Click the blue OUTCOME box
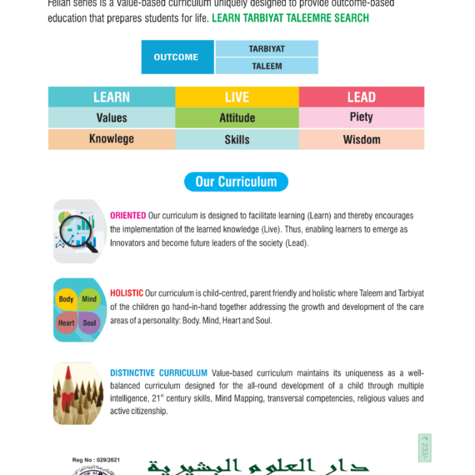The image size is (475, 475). [177, 57]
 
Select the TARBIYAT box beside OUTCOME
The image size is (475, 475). [267, 49]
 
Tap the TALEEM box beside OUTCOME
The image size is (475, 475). [267, 66]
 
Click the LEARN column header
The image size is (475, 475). [111, 97]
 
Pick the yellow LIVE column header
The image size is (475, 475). [237, 97]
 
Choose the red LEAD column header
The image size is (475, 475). [361, 97]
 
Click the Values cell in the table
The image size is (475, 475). [111, 117]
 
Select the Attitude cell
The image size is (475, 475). [237, 117]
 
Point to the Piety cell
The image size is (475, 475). [361, 117]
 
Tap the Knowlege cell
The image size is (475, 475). [111, 139]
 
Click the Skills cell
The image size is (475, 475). [237, 139]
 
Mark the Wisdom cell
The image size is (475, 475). [361, 139]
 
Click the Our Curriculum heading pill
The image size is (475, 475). [236, 182]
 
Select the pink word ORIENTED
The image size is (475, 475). [127, 216]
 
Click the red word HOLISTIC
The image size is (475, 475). [127, 293]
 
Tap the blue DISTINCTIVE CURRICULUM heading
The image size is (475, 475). [158, 372]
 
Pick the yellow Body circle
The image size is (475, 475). [67, 299]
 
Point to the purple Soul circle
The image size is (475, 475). [90, 322]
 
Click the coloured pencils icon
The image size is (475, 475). [78, 394]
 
